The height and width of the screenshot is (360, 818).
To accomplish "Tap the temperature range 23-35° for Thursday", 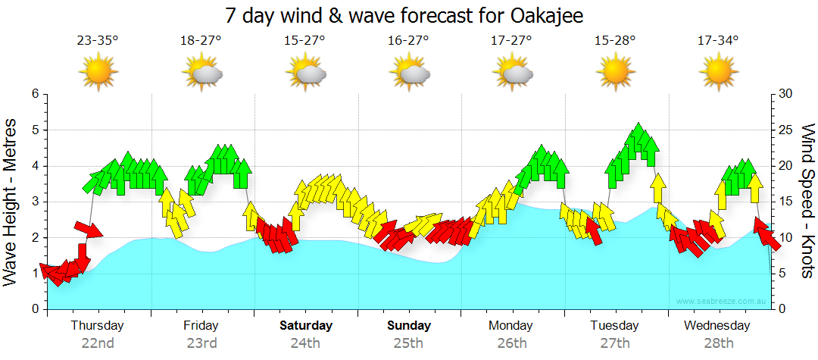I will tap(97, 41).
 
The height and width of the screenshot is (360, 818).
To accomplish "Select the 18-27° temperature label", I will tap(201, 41).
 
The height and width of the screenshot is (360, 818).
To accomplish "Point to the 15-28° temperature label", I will tap(615, 41).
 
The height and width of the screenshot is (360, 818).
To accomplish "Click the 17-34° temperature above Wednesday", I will tap(718, 41).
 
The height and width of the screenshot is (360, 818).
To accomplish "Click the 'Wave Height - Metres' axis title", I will tap(11, 201).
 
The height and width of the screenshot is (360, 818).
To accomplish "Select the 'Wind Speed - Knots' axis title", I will tap(807, 201).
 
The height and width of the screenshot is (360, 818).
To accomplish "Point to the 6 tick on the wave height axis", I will tap(33, 94).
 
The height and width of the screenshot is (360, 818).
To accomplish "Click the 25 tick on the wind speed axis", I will tap(785, 130).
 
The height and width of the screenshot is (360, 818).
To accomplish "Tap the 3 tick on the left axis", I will tap(33, 202).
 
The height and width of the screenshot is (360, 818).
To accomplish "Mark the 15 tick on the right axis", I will tap(785, 202).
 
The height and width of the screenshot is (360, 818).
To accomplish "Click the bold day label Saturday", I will tap(305, 326).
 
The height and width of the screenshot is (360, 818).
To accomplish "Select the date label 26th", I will tap(511, 343).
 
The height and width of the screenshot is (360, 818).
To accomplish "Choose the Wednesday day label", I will tap(717, 326).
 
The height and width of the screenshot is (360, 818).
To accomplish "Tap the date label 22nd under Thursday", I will tap(97, 343).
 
